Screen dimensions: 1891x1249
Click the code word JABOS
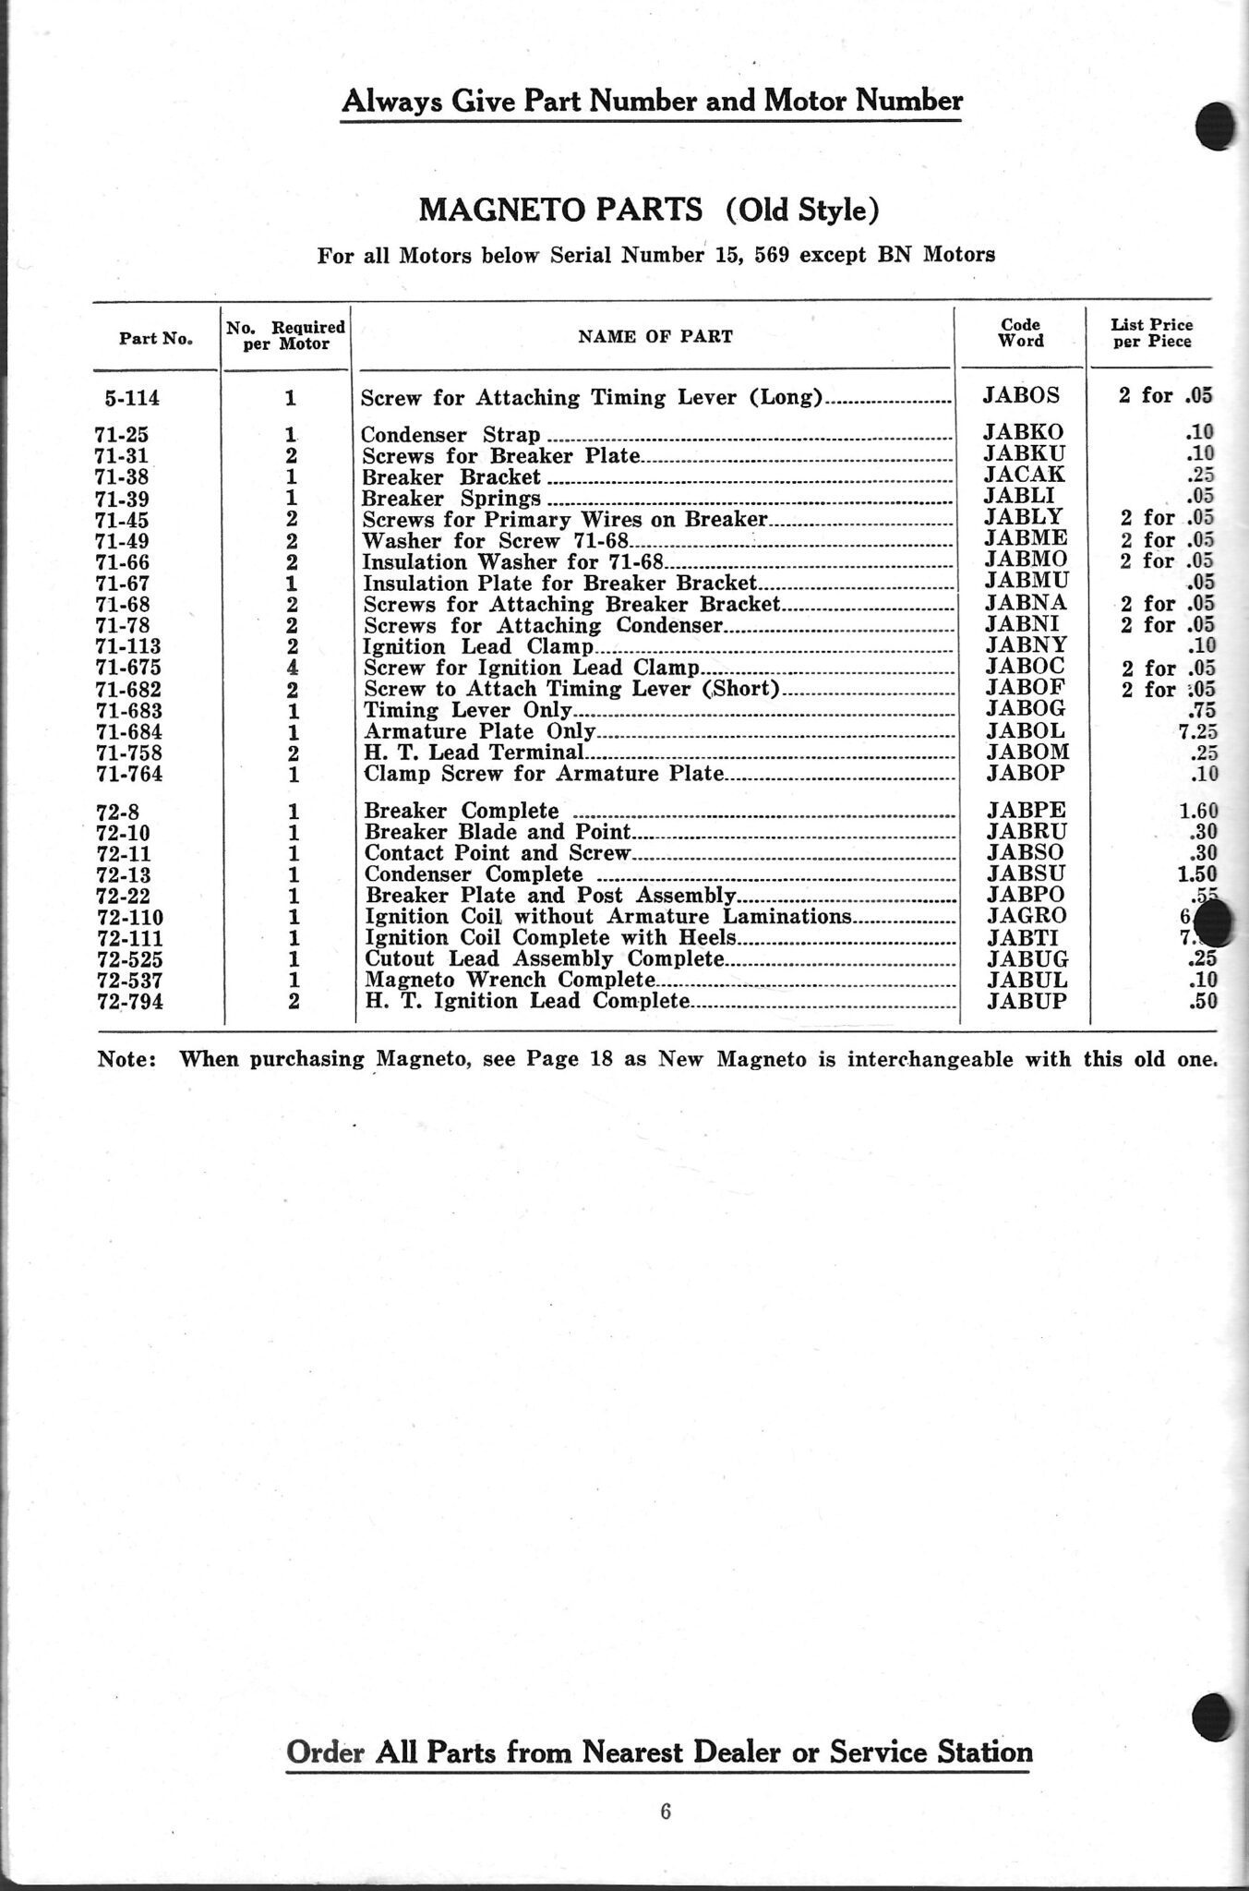[x=1022, y=396]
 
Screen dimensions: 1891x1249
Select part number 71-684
[x=129, y=732]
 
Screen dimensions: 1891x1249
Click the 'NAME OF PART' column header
[x=655, y=337]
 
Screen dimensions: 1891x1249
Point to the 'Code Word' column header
[x=1021, y=332]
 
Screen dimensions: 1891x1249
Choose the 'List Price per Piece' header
[x=1151, y=332]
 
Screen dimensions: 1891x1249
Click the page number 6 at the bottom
[x=666, y=1811]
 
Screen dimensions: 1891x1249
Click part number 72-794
[x=130, y=1002]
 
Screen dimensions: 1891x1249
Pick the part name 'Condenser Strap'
[x=450, y=434]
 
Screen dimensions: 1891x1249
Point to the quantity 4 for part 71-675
[x=291, y=668]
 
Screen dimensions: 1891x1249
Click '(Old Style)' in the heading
[x=800, y=211]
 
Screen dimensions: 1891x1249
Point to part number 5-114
[x=133, y=399]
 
